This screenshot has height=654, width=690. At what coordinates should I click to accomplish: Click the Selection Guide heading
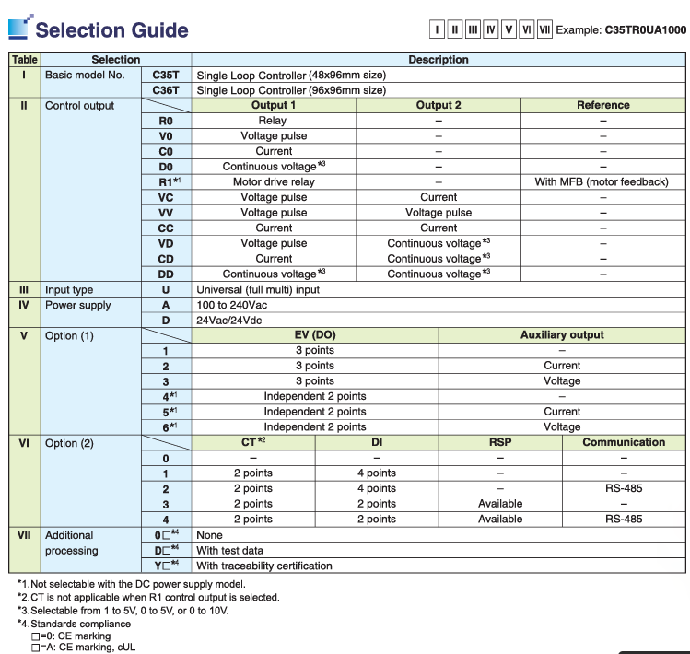tap(111, 29)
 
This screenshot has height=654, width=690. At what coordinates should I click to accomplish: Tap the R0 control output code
tap(165, 120)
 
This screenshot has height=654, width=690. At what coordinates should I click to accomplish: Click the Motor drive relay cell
tap(274, 181)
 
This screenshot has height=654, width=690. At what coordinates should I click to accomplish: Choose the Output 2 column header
tap(439, 105)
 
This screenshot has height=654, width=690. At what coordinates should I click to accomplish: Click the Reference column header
tap(602, 105)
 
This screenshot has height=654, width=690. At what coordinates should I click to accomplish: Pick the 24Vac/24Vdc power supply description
tap(232, 320)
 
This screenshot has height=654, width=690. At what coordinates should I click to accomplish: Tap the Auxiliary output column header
tap(562, 335)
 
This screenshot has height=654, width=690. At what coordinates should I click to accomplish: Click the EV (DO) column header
tap(314, 335)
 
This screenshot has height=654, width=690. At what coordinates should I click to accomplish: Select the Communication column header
tap(624, 442)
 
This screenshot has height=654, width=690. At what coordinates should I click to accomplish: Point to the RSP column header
tap(500, 442)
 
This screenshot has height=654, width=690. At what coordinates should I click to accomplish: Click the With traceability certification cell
tap(264, 565)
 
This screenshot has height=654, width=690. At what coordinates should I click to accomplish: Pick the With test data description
tap(230, 550)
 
